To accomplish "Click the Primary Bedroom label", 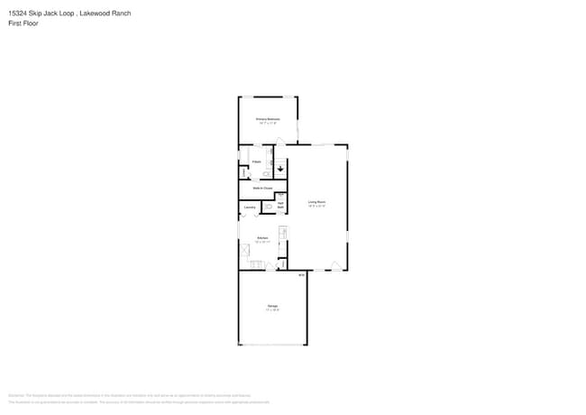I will point(268,119).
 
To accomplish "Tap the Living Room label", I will point(316,202).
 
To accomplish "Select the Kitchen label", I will point(262,238).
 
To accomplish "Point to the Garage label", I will point(272,307).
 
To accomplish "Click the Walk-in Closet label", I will point(262,188).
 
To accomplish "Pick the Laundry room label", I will point(250,207).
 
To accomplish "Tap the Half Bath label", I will point(280,205).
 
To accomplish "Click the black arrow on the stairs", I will point(279,167).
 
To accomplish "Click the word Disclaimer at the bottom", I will point(15,396).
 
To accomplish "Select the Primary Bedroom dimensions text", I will point(268,124).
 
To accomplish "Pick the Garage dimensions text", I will point(272,311).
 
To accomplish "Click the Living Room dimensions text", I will point(316,207).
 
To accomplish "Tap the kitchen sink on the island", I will point(282,234).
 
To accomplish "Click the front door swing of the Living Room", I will point(335,265).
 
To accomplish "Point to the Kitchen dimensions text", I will point(262,243).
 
